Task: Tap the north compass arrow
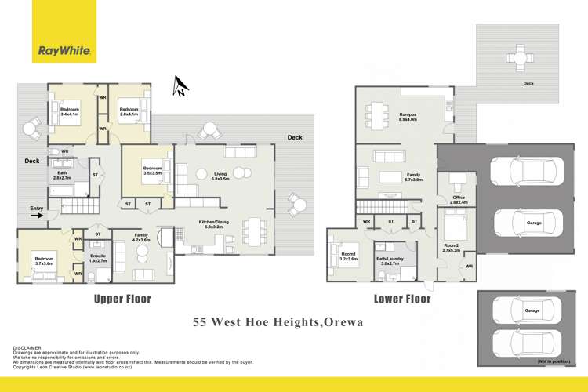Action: pos(180,86)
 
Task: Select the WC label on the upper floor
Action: pos(66,151)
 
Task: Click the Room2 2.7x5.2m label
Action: pos(451,249)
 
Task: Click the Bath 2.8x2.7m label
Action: pos(62,176)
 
